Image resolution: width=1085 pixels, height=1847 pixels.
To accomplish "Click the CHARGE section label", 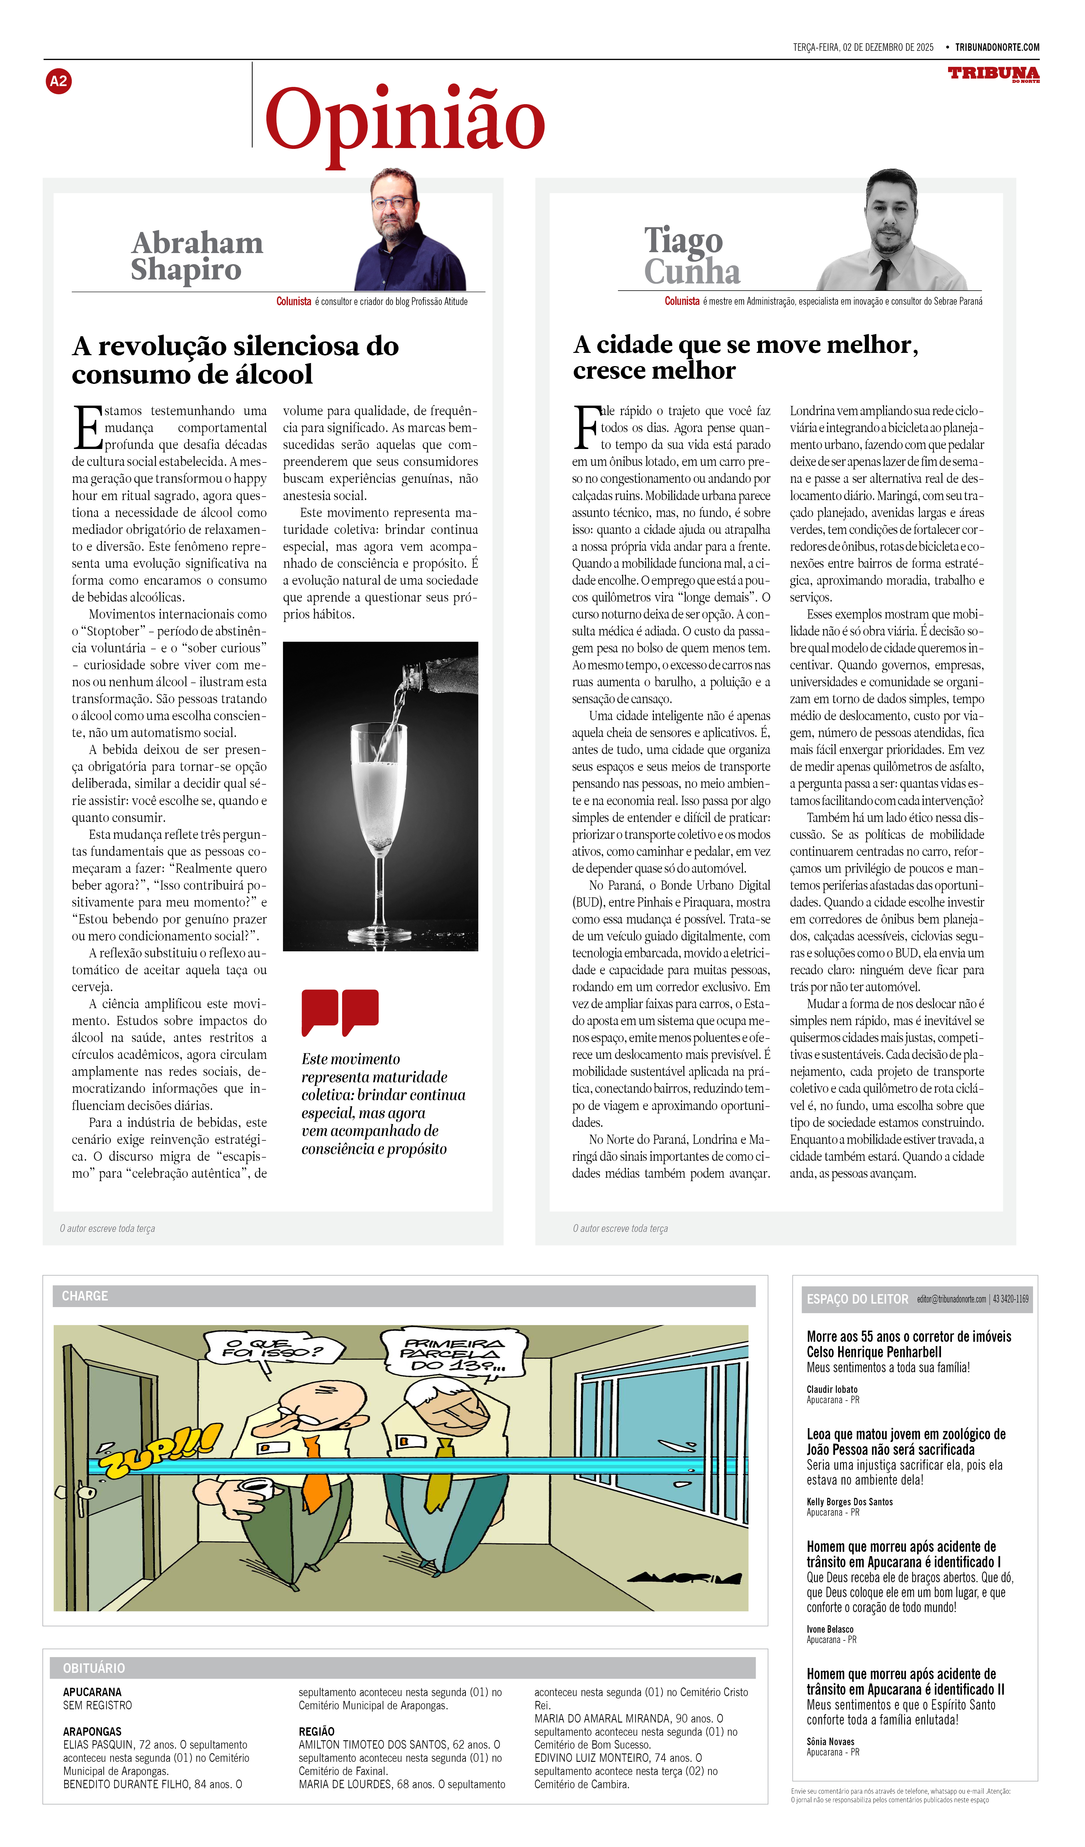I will [85, 1296].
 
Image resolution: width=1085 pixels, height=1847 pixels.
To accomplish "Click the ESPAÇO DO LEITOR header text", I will [857, 1300].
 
